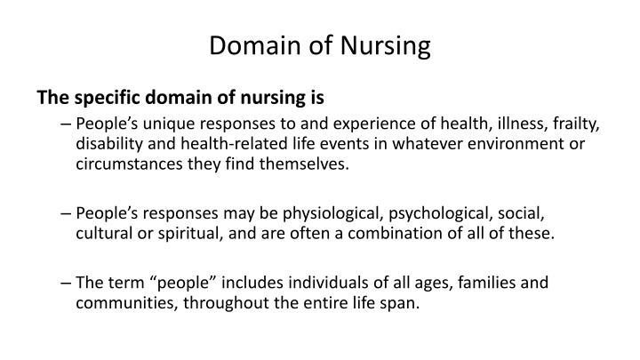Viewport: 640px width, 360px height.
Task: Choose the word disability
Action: (108, 144)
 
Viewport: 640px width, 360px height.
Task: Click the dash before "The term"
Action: (69, 284)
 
